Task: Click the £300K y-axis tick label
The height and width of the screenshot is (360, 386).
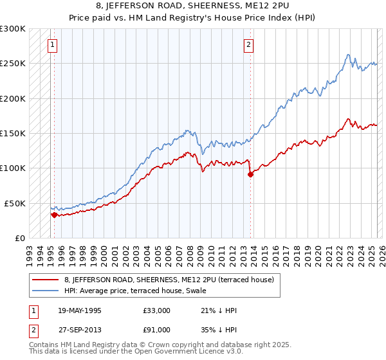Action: (x=13, y=29)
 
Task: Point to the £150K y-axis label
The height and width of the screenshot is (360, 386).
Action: (x=13, y=133)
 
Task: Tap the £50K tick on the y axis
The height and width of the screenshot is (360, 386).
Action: (x=15, y=203)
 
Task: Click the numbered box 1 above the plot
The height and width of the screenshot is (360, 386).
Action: (x=51, y=45)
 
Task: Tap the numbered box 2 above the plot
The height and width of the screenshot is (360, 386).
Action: (x=248, y=45)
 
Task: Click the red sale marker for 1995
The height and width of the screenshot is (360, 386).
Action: (x=54, y=215)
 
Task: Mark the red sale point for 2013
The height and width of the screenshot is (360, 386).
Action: (x=250, y=174)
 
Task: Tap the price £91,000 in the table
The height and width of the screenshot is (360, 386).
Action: (x=158, y=330)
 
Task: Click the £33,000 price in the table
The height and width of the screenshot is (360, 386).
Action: (x=158, y=310)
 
